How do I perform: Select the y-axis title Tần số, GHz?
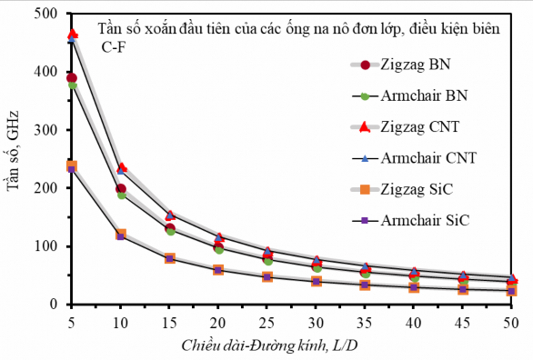coord(14,160)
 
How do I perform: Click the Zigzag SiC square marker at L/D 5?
coord(72,166)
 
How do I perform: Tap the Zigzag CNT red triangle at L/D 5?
coord(72,35)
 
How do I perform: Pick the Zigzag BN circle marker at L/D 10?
coord(121,189)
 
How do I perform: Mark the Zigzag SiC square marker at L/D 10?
coord(121,235)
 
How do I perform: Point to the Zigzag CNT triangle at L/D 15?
coord(170,215)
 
